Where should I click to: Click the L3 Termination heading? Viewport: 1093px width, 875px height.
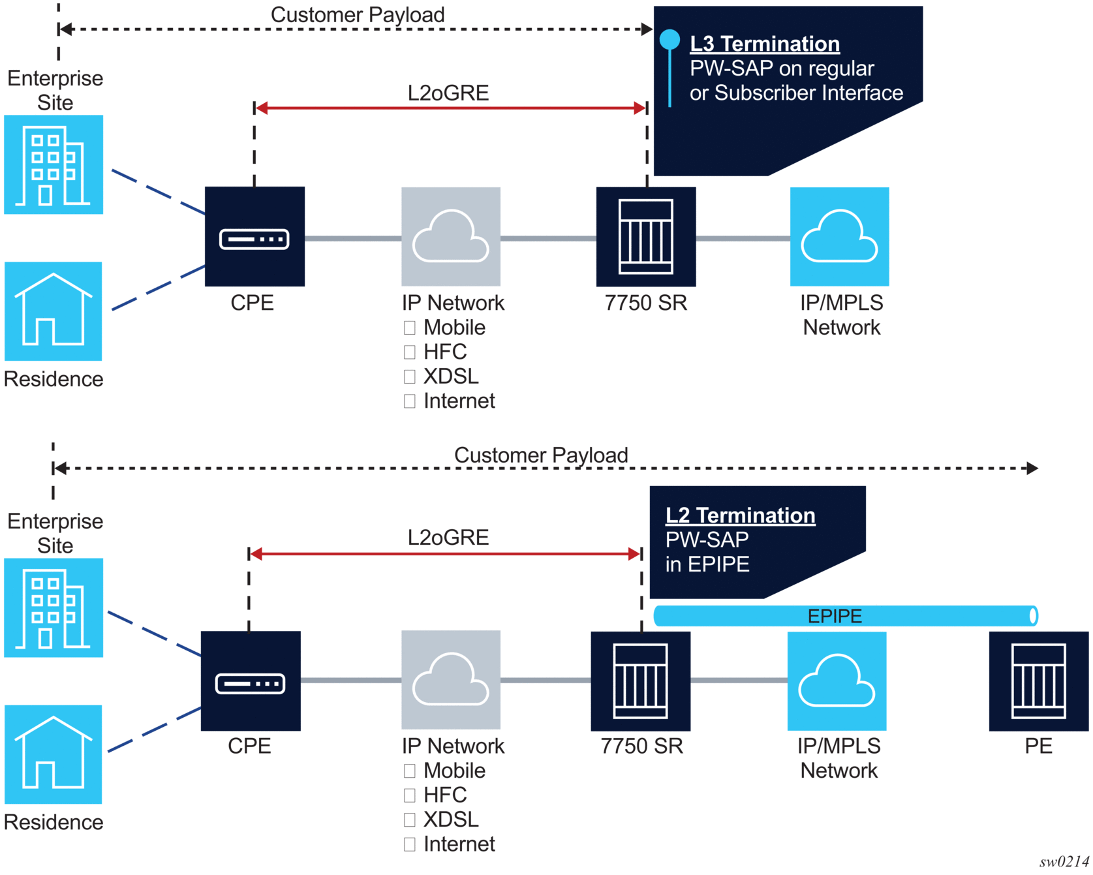pos(764,44)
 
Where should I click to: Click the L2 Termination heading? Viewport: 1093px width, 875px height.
pos(740,515)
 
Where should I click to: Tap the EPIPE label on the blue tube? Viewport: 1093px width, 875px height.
pos(835,616)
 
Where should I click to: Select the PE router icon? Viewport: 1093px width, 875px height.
pos(1038,681)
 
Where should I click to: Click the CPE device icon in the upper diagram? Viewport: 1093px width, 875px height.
pos(254,237)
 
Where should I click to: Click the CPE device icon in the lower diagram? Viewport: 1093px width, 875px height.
pos(251,681)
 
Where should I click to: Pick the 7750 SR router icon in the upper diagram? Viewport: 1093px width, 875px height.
pos(646,237)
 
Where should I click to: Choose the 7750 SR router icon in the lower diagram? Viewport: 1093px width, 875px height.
pos(640,681)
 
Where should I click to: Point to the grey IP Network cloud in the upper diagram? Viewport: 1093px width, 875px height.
pos(451,237)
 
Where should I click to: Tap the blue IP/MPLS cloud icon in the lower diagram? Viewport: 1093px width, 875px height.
pos(837,681)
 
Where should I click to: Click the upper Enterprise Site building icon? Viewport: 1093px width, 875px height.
pos(54,165)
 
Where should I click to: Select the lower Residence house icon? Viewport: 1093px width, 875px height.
pos(54,754)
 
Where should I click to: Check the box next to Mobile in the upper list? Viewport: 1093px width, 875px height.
pos(410,328)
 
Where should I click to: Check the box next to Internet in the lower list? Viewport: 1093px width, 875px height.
pos(410,844)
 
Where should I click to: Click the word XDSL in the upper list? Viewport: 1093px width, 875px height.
pos(451,376)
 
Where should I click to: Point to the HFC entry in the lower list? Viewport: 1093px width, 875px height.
pos(445,795)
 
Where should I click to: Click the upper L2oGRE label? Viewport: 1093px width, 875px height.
pos(448,93)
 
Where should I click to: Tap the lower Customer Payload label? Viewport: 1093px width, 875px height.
pos(541,455)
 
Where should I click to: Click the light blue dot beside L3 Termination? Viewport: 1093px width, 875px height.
pos(670,40)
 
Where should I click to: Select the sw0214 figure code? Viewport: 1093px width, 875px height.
pos(1064,862)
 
